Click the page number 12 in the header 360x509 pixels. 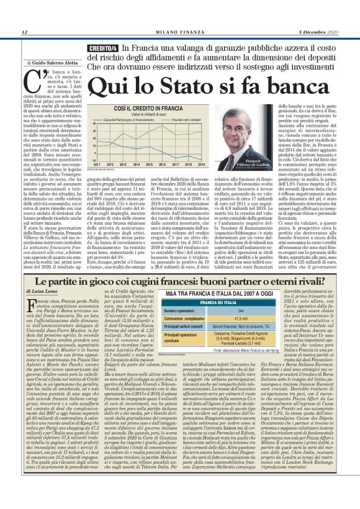click(24, 32)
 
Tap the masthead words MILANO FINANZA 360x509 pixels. click(179, 32)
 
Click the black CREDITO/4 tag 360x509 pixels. click(87, 48)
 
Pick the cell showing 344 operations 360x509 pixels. click(239, 309)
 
